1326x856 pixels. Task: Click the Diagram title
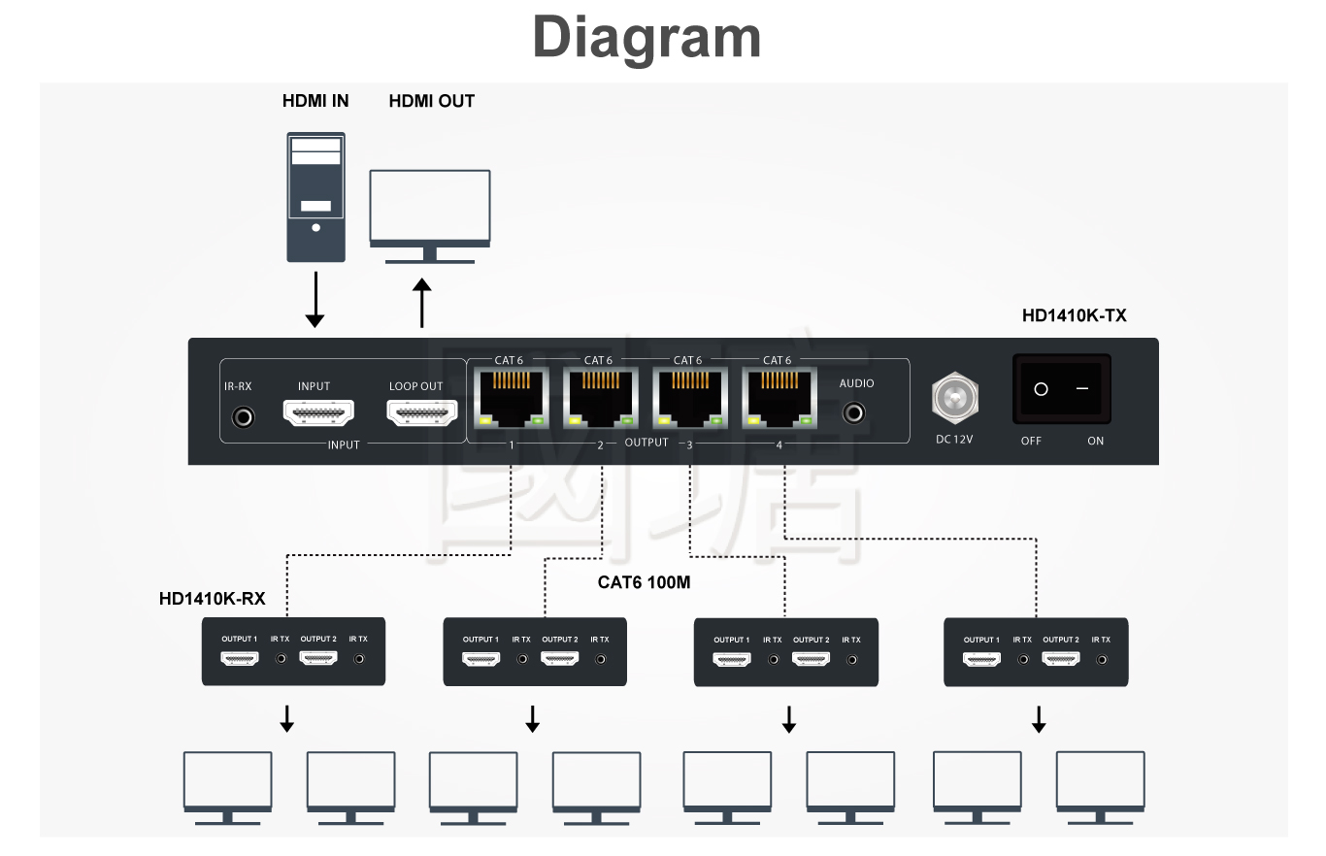click(646, 38)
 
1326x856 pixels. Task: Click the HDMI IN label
click(315, 101)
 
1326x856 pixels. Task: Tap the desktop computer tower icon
click(315, 197)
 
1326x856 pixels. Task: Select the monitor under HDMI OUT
click(430, 215)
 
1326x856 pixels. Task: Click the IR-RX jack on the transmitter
click(243, 417)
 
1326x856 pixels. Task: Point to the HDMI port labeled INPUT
click(317, 414)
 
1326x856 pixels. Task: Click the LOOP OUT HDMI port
click(421, 414)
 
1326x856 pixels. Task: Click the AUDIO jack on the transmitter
click(854, 413)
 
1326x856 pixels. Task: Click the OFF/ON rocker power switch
click(1062, 389)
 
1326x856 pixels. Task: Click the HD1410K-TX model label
click(1074, 315)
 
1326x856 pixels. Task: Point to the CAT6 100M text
click(644, 582)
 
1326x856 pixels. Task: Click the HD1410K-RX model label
click(212, 599)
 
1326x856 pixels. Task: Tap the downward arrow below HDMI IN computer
click(315, 301)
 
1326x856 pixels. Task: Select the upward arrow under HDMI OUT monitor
click(421, 304)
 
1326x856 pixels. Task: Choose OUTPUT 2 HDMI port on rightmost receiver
click(1060, 659)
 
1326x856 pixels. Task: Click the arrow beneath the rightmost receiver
click(1038, 719)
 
